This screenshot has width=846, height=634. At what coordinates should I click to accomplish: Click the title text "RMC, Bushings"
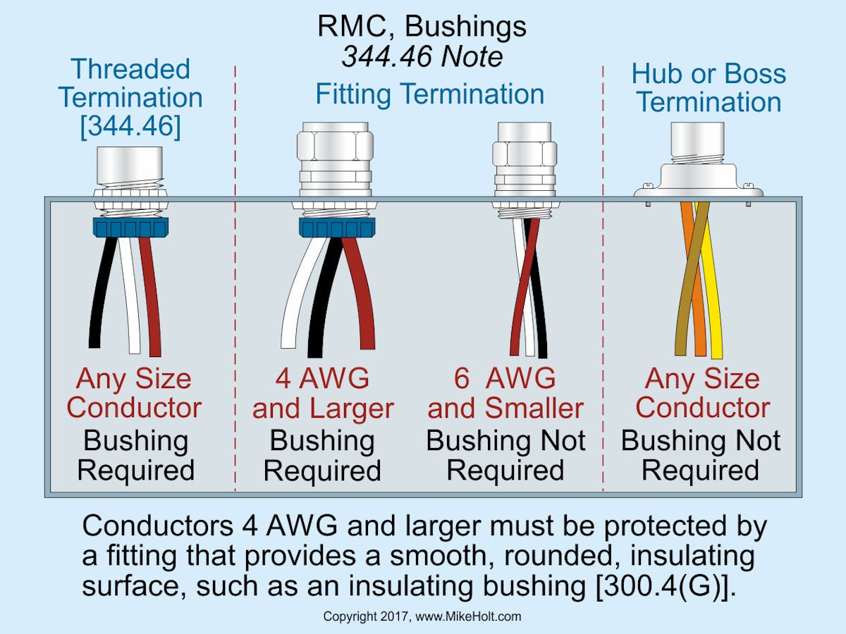422,27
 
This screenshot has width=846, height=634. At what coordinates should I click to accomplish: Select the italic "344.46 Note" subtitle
422,56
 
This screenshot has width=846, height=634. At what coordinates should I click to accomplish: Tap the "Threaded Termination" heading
131,83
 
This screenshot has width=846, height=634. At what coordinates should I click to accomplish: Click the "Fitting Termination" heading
429,94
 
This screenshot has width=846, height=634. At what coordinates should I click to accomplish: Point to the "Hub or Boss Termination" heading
708,87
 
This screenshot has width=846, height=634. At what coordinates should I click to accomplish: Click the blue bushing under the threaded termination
131,227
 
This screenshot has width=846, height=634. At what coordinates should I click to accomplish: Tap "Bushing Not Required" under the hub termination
701,455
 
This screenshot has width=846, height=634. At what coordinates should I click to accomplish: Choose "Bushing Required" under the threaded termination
135,455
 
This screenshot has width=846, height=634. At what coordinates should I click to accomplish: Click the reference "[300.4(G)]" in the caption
659,586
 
